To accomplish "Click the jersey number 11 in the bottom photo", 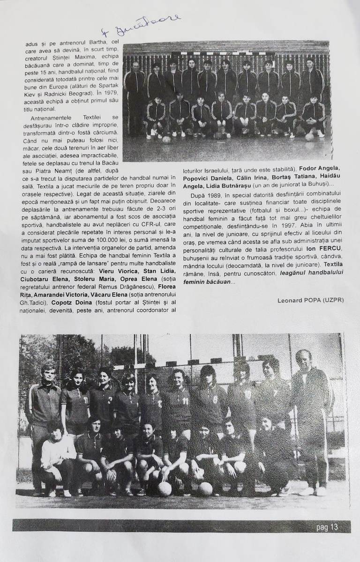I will tap(185, 401).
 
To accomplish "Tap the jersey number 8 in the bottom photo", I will tap(215, 399).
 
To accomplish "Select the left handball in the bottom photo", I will tap(164, 488).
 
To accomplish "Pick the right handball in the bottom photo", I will tap(205, 488).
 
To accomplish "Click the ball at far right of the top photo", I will tap(309, 137).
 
